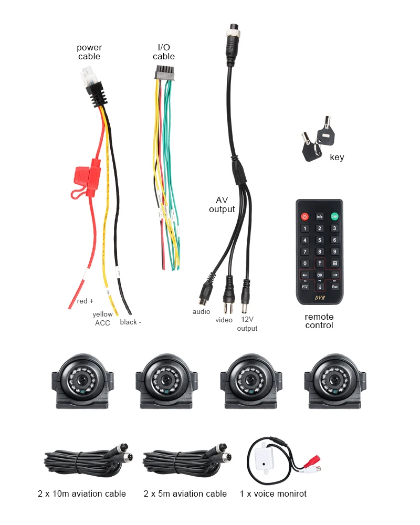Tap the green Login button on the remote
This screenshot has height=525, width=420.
click(334, 216)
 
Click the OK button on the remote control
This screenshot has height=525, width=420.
click(319, 275)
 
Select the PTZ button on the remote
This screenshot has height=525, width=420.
click(304, 287)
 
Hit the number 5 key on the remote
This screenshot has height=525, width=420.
click(319, 240)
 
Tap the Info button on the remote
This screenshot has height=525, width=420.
click(319, 216)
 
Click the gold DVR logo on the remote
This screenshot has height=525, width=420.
click(320, 298)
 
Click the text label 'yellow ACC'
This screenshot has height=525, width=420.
click(102, 319)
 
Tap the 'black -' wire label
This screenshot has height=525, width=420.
click(130, 322)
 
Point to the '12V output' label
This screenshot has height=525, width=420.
click(247, 324)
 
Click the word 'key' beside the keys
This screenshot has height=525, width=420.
click(337, 157)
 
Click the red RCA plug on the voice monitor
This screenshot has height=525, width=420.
click(313, 465)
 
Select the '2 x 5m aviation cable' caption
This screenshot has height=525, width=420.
click(185, 493)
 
